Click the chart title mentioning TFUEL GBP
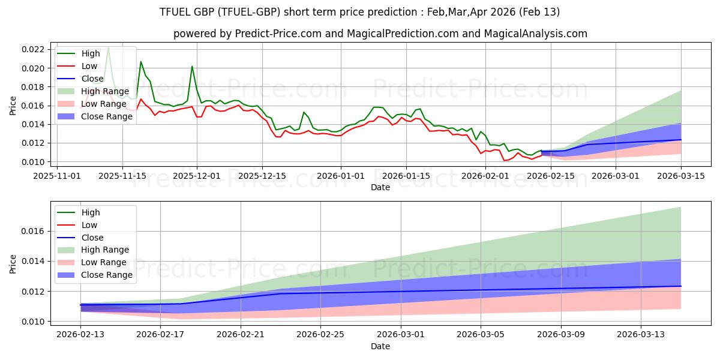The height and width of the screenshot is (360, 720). click(360, 12)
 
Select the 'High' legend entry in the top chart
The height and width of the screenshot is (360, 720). click(90, 53)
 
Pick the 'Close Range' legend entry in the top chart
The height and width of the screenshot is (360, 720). click(106, 116)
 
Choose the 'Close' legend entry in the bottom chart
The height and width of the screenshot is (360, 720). click(91, 237)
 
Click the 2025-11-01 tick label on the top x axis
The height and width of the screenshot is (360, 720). click(58, 176)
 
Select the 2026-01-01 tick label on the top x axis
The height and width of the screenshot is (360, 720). click(341, 176)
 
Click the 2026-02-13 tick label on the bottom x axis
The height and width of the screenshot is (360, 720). click(80, 335)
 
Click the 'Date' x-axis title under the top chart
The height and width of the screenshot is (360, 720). click(380, 187)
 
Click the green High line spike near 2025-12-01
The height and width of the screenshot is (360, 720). click(192, 66)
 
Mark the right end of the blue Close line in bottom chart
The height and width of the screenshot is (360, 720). click(681, 286)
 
